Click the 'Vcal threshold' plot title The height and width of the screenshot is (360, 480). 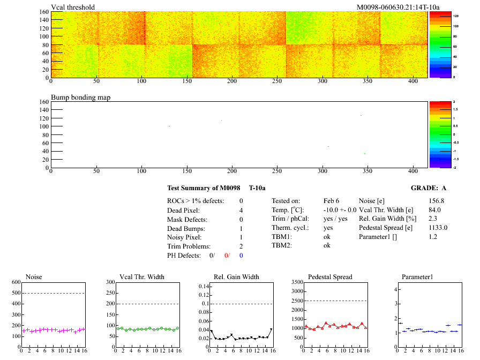[73, 7]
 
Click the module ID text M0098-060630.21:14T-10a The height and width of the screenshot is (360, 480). [398, 7]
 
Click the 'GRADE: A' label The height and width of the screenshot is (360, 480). [429, 188]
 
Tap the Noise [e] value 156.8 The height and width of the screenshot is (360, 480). [437, 200]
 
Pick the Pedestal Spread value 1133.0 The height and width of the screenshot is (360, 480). [438, 227]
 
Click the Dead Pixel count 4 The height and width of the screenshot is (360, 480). [241, 210]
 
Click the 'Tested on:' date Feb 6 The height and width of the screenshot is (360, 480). [332, 200]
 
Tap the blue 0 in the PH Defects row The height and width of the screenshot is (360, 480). [241, 255]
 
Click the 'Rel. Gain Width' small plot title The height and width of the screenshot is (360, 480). [236, 277]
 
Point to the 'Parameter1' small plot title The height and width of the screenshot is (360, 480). [417, 277]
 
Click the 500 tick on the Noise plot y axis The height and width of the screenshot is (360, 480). [15, 293]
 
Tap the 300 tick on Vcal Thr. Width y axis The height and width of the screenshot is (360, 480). [110, 282]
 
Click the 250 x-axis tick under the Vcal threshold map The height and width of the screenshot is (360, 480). [277, 82]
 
